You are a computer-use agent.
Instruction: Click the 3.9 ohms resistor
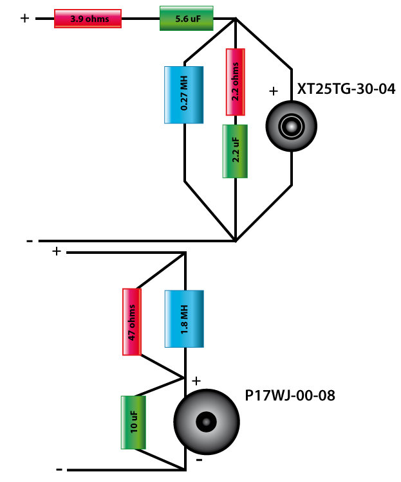click(x=87, y=19)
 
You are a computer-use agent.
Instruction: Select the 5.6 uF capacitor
click(x=177, y=19)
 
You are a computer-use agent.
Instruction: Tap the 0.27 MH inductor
click(x=184, y=94)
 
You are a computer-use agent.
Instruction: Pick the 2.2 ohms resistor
click(x=236, y=82)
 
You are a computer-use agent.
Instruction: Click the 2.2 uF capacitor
click(x=236, y=150)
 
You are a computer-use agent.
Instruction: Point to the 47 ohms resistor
click(x=132, y=321)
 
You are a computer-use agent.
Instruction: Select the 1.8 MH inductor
click(x=184, y=319)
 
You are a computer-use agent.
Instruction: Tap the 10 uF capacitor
click(x=133, y=422)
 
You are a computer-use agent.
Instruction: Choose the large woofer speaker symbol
click(x=205, y=422)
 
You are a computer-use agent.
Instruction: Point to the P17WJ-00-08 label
click(x=290, y=393)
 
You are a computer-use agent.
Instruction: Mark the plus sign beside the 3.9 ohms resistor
click(x=25, y=19)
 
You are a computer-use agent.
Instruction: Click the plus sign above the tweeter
click(x=272, y=91)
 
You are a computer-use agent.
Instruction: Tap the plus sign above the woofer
click(x=196, y=381)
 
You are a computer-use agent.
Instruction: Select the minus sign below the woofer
click(x=200, y=460)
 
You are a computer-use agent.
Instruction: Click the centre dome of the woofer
click(x=205, y=422)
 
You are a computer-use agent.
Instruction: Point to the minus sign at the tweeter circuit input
click(x=30, y=241)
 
